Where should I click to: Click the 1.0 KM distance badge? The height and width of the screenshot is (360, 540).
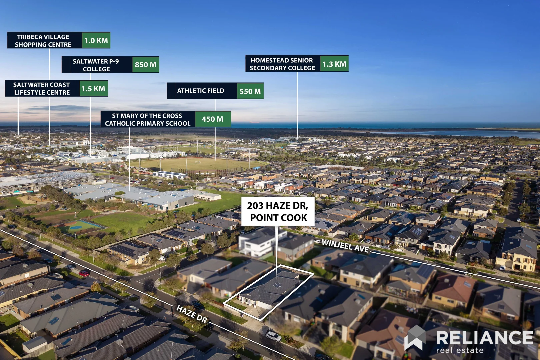pos(96,40)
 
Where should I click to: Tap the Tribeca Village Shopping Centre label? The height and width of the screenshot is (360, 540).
pos(43,41)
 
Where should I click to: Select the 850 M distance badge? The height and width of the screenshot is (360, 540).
pos(146,65)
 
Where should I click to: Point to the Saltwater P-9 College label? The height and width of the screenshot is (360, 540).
pos(96,65)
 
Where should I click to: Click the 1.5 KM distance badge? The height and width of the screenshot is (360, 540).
pos(93,88)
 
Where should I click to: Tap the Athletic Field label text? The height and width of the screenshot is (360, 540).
pos(201,91)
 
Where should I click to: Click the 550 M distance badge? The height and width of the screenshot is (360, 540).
pos(250,91)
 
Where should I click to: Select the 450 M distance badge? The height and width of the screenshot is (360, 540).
pos(213,119)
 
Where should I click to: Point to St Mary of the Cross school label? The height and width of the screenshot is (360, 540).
pos(148,119)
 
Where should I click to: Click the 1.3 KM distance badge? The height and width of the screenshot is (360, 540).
pos(334,64)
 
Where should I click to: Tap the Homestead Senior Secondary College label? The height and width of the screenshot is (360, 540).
pos(283,64)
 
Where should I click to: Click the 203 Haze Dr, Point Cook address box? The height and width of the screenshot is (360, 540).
pos(278,211)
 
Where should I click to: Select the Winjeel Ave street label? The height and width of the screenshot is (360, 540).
pos(345,246)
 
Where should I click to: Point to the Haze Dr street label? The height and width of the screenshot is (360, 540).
pos(192,314)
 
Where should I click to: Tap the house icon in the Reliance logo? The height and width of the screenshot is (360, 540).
pos(415,338)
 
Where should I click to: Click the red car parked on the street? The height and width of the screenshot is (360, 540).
pos(84,274)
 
